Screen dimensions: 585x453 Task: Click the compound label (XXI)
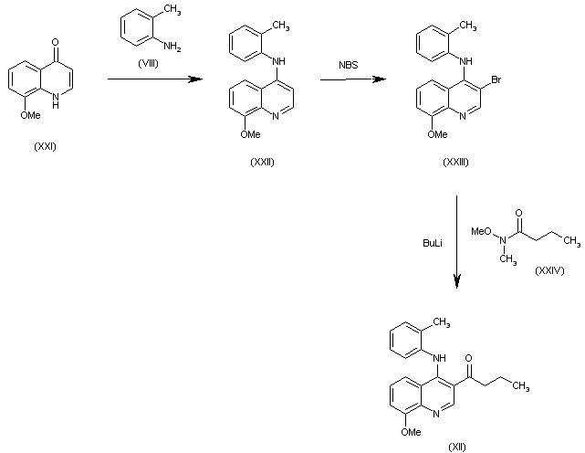(x=45, y=146)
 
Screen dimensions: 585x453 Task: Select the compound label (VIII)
(x=148, y=64)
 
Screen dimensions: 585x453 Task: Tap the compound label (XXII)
(x=262, y=162)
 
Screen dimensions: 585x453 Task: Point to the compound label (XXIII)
(x=455, y=162)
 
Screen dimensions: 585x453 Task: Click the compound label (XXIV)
(x=549, y=270)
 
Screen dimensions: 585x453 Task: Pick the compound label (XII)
(x=457, y=447)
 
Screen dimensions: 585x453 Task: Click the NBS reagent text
(x=349, y=65)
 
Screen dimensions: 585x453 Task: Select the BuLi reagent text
(x=433, y=243)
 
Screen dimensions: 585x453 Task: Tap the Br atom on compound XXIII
(x=496, y=79)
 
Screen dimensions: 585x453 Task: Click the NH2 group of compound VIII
(x=172, y=47)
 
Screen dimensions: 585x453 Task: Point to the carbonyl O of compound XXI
(x=56, y=42)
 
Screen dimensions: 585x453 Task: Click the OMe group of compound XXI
(x=30, y=115)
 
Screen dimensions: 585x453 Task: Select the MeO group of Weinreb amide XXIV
(x=481, y=231)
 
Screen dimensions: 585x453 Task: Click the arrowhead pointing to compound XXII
(x=194, y=79)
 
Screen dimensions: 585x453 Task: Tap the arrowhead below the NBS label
(x=379, y=79)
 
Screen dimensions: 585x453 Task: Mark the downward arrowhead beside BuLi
(x=457, y=280)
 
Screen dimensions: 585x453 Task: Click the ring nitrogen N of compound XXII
(x=276, y=116)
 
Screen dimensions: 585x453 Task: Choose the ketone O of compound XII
(x=468, y=358)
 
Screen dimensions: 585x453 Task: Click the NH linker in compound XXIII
(x=466, y=61)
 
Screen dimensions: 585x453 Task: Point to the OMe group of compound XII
(x=411, y=432)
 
